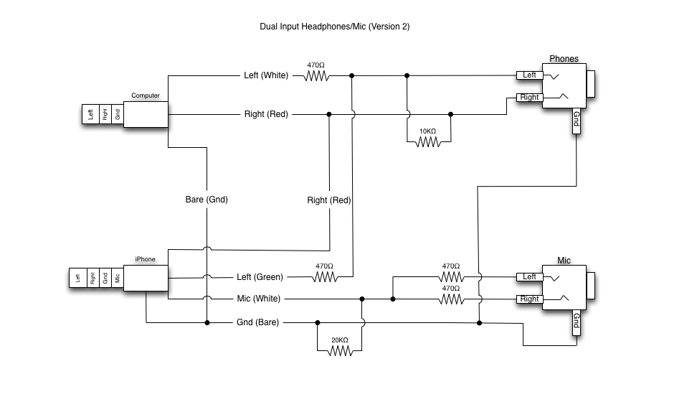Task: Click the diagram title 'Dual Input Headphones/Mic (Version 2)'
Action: (335, 27)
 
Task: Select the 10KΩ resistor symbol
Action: (428, 142)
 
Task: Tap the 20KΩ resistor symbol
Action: (340, 351)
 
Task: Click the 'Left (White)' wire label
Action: (266, 75)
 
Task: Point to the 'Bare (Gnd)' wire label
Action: (207, 200)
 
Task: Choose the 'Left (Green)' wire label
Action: (260, 277)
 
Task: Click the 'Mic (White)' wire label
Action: (259, 299)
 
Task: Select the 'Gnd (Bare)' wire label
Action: (258, 322)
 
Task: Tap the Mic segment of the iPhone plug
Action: (118, 278)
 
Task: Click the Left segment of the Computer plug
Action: (90, 114)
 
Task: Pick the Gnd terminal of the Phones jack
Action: (576, 121)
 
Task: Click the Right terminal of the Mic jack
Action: (529, 299)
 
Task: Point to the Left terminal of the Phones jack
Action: (529, 75)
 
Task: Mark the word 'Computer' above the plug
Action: (146, 95)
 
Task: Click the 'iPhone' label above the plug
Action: (146, 259)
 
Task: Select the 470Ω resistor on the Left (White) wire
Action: (316, 76)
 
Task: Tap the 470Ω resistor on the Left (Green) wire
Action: (325, 277)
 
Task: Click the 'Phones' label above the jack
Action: (564, 59)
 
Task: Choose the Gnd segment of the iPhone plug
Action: (105, 278)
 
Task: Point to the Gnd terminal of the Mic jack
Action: (576, 322)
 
